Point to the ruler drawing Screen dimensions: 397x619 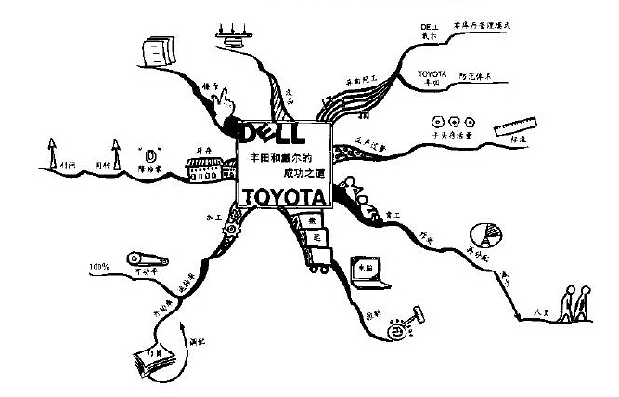[x=517, y=129]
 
